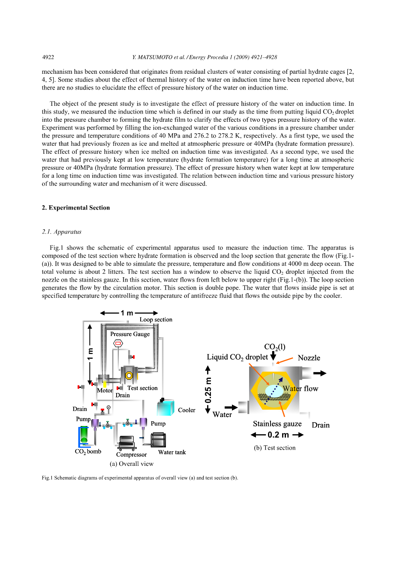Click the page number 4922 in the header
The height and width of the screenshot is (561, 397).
(x=48, y=57)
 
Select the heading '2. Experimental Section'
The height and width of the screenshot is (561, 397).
(x=76, y=208)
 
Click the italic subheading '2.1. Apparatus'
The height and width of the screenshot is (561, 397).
(x=61, y=232)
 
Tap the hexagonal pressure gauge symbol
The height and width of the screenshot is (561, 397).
(x=118, y=343)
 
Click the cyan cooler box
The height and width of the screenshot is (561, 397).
(x=165, y=408)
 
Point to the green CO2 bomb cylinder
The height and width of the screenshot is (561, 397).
(x=84, y=436)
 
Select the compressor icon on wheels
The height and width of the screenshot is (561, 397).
(x=127, y=443)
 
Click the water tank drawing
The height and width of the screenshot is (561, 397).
(x=158, y=440)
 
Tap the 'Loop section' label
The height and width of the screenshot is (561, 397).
(x=156, y=320)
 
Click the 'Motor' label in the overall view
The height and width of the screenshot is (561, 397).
(x=105, y=390)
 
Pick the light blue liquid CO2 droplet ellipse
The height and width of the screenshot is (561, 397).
(x=274, y=390)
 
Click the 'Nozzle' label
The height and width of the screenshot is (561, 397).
(x=309, y=358)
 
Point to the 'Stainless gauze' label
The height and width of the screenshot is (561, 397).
(x=277, y=424)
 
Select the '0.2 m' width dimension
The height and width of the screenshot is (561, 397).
(x=278, y=435)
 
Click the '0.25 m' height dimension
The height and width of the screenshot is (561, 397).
(x=208, y=390)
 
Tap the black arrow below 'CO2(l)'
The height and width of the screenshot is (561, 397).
(x=273, y=357)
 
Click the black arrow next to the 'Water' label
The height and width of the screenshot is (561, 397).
(x=231, y=407)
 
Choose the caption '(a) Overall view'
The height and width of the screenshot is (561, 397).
(x=131, y=464)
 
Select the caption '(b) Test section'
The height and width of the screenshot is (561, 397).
(x=274, y=448)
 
